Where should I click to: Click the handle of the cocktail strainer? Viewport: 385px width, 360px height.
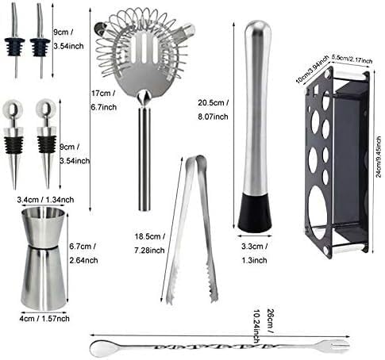[x=144, y=159]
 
